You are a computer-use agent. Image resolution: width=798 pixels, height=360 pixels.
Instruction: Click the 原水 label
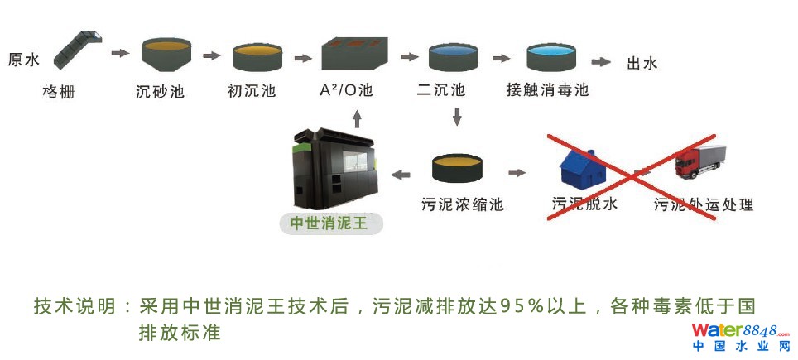point(23,60)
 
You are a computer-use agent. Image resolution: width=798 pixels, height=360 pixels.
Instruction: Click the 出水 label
point(642,63)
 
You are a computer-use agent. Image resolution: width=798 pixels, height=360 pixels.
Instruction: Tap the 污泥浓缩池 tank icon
point(462,168)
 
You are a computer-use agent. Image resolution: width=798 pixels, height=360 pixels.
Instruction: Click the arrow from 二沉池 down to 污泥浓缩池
point(456,116)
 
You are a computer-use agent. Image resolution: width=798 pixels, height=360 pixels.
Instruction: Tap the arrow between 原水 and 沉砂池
point(121,54)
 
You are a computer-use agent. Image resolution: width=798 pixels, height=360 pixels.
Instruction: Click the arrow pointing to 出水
point(600,62)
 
